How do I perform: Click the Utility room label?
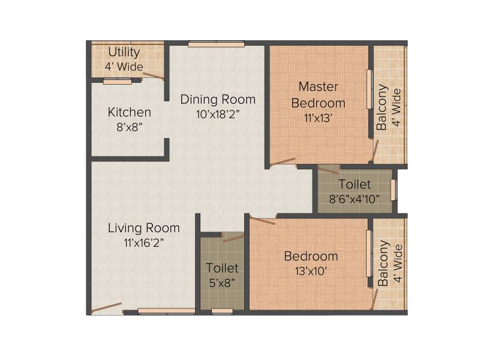124,52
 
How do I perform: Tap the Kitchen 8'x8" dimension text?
130,127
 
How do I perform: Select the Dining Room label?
218,100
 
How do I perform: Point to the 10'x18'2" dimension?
218,115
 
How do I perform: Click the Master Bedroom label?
319,95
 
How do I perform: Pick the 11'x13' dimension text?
319,118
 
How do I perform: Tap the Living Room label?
144,228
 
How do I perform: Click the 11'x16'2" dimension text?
144,243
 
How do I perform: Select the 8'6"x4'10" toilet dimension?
355,199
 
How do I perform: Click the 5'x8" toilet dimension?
222,283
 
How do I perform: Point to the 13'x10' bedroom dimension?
311,271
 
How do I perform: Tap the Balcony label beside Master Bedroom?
382,107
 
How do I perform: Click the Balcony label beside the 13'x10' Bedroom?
383,263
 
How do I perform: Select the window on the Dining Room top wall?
216,44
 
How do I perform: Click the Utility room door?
154,76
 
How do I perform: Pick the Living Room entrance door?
107,308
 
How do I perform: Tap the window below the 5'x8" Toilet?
222,311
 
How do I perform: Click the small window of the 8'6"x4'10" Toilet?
394,190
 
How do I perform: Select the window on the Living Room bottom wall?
167,311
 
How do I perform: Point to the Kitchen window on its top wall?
118,81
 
